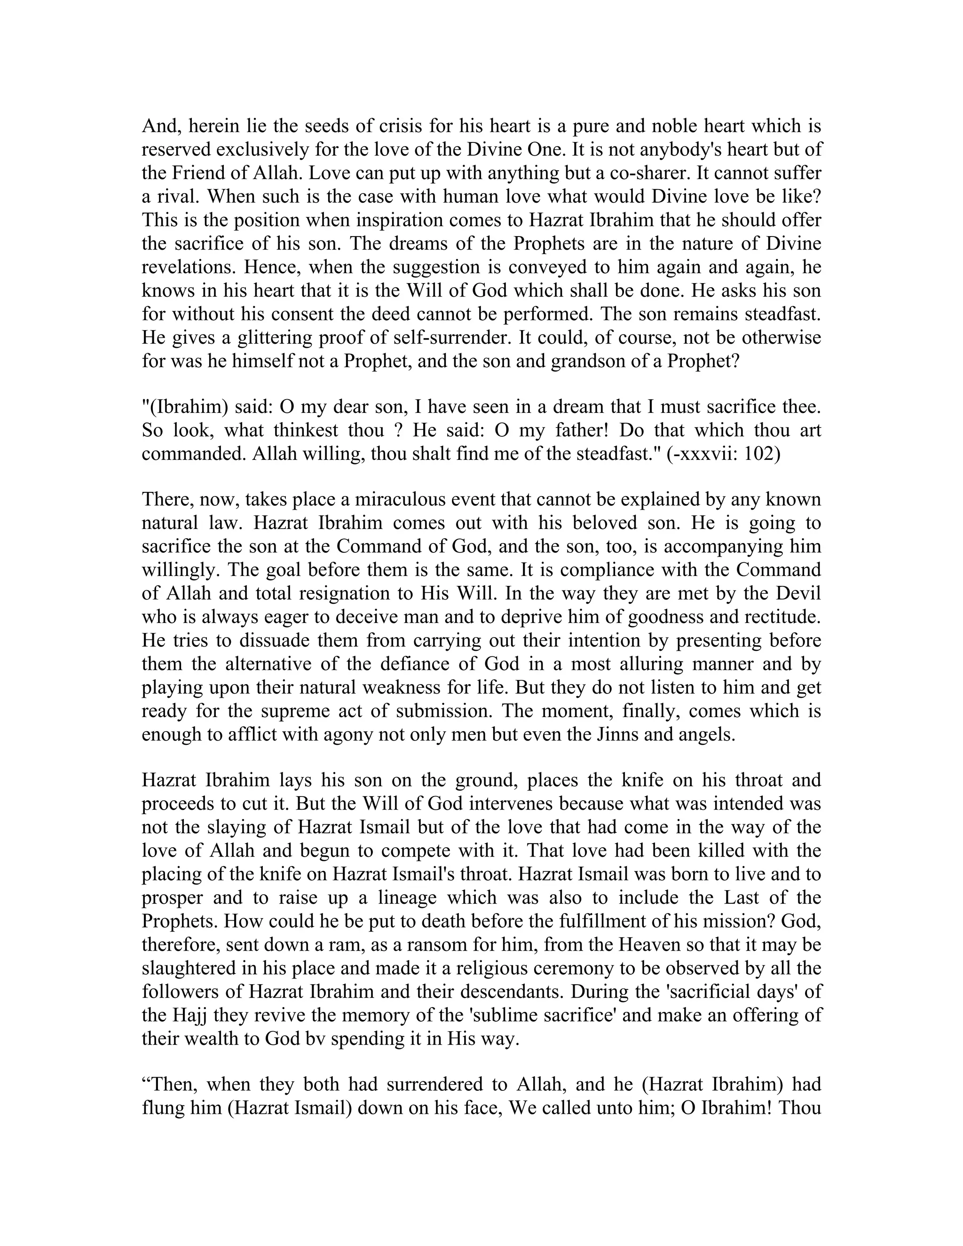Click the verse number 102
(762, 454)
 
